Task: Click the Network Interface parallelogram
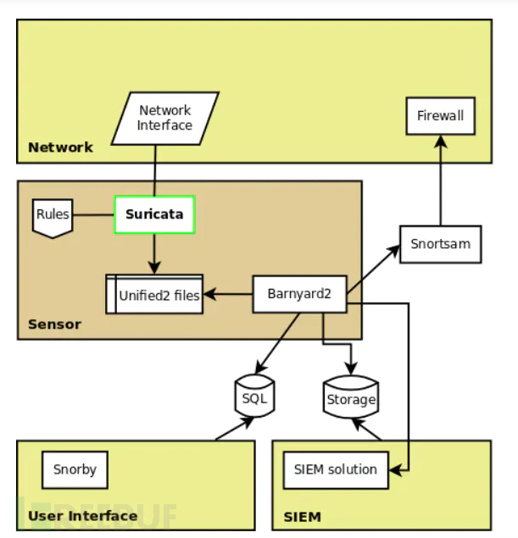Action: pyautogui.click(x=164, y=118)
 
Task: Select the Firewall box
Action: pyautogui.click(x=440, y=116)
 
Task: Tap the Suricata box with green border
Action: pyautogui.click(x=155, y=214)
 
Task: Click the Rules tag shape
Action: pyautogui.click(x=52, y=214)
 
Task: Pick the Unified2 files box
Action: pyautogui.click(x=154, y=295)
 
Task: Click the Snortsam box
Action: pyautogui.click(x=440, y=244)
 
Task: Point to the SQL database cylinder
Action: pyautogui.click(x=254, y=397)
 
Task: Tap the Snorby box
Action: pyautogui.click(x=75, y=469)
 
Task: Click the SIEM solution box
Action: pyautogui.click(x=336, y=469)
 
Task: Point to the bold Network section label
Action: pyautogui.click(x=60, y=147)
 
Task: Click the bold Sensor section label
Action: pyautogui.click(x=54, y=324)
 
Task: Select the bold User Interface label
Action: pyautogui.click(x=82, y=516)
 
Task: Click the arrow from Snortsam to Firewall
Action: pyautogui.click(x=440, y=182)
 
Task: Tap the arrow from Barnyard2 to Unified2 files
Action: pyautogui.click(x=229, y=295)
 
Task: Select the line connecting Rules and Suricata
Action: pyautogui.click(x=93, y=214)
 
